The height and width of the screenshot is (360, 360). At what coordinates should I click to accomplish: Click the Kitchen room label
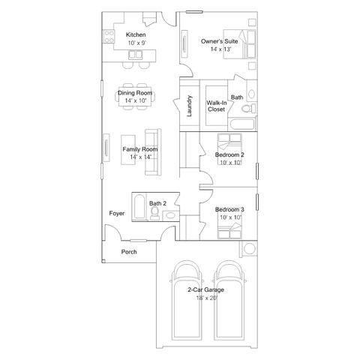pos(136,34)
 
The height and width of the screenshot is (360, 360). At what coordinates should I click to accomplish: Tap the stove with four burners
pos(109,37)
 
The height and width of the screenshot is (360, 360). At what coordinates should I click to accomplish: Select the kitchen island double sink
pos(136,55)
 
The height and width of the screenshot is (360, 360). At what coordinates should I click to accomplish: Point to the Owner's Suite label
pos(219,41)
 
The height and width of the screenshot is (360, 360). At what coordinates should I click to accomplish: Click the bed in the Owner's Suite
pos(239,44)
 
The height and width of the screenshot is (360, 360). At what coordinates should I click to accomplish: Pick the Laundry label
pos(189,106)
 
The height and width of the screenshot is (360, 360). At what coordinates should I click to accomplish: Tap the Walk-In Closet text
pos(217,106)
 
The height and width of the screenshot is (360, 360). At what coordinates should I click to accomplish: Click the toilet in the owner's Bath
pos(248,109)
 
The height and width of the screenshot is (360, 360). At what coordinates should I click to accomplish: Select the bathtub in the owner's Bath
pos(243,124)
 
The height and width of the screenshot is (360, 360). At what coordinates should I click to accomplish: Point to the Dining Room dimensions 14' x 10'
pos(136,100)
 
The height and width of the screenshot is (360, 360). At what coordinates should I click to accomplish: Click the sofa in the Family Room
pos(153,152)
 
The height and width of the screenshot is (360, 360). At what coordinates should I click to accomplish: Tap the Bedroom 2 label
pos(229,154)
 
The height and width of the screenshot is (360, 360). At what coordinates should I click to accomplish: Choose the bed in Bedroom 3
pos(229,230)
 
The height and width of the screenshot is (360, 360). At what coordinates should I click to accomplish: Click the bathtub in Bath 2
pos(139,206)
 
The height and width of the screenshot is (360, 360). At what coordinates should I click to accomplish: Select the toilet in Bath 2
pos(155,213)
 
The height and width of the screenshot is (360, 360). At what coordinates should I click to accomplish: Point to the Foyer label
pos(117,214)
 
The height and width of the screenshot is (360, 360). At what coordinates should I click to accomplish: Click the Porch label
pos(129,252)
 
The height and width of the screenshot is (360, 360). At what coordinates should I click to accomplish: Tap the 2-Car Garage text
pos(205,289)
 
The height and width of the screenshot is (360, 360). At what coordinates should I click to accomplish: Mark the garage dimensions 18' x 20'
pos(207,298)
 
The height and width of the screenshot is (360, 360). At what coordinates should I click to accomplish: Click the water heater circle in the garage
pos(250,249)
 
